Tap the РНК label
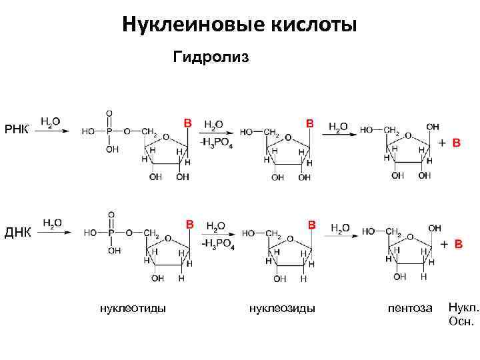(x=17, y=129)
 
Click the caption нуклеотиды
(x=133, y=307)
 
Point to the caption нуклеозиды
(x=282, y=307)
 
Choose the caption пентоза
(x=410, y=307)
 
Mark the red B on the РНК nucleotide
(x=188, y=123)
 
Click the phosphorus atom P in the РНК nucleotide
(x=110, y=131)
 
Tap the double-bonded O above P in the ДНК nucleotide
(x=111, y=215)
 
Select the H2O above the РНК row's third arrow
(x=338, y=126)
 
